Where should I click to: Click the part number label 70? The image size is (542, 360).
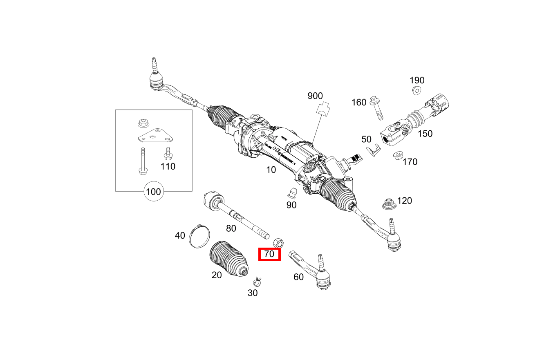[269, 254]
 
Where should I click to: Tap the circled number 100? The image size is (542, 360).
[153, 191]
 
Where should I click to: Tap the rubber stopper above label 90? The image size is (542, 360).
[292, 192]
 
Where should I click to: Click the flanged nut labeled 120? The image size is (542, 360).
[389, 203]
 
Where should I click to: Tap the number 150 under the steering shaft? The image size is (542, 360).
[425, 134]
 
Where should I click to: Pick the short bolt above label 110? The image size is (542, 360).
[167, 154]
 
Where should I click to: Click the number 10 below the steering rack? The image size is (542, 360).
[271, 169]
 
